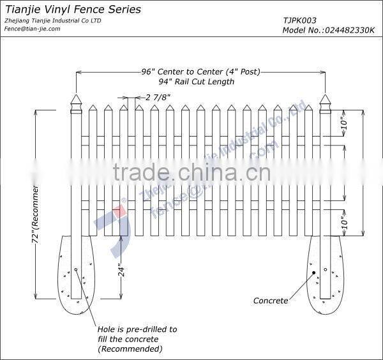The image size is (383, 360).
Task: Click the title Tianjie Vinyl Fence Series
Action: [x=73, y=10]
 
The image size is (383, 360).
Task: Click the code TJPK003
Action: [x=299, y=20]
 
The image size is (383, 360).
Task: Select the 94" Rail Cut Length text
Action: [x=197, y=81]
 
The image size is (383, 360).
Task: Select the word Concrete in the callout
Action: [x=271, y=301]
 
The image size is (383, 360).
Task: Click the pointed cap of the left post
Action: [x=76, y=103]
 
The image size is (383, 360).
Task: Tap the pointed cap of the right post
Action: [x=325, y=103]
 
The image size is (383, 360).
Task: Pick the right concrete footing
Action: [x=325, y=275]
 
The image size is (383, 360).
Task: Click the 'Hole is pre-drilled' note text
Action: [x=137, y=329]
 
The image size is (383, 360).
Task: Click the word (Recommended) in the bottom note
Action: [x=130, y=349]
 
